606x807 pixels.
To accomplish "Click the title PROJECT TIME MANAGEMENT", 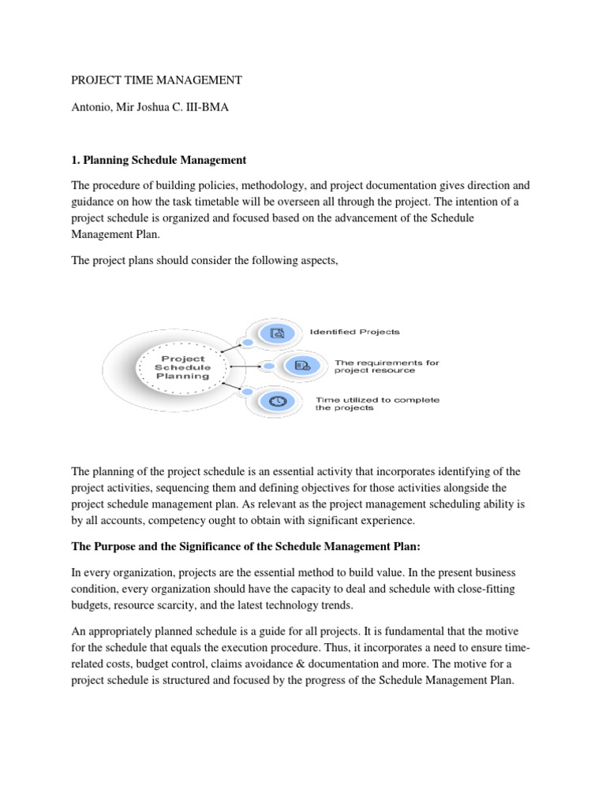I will tap(157, 80).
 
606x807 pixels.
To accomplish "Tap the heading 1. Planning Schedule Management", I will tap(159, 160).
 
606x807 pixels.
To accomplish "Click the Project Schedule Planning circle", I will tap(182, 366).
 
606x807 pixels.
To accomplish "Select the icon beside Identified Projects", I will tap(277, 333).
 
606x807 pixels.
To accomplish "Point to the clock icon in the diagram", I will tap(277, 401).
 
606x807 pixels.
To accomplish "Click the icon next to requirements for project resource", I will tap(303, 365).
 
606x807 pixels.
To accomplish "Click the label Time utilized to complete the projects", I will tap(377, 403).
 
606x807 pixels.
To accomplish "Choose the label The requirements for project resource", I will tap(387, 366).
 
